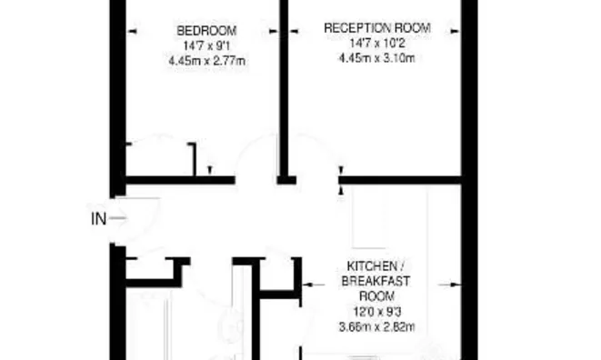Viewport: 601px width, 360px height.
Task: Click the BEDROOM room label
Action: [206, 31]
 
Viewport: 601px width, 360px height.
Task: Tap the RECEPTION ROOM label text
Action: [377, 28]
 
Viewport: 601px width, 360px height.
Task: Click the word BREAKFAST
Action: [376, 281]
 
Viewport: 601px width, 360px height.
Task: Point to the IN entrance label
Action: [98, 219]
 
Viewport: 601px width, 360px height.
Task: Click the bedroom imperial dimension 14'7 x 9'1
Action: [206, 46]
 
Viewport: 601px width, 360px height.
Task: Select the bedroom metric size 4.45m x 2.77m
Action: [206, 61]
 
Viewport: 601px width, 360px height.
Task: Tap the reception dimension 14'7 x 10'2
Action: [377, 43]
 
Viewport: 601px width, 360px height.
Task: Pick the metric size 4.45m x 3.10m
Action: [376, 58]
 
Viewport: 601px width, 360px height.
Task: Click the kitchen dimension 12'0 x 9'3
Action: [376, 312]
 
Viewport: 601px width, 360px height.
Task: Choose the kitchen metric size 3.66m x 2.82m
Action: [376, 327]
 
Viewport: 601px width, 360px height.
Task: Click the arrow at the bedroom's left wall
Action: [132, 32]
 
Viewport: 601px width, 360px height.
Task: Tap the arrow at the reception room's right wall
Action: [455, 31]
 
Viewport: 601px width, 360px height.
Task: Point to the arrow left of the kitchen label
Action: [313, 285]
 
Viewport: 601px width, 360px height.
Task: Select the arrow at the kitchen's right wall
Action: [449, 285]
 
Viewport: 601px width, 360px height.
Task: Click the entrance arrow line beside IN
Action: [117, 218]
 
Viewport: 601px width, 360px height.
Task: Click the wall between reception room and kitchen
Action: [400, 180]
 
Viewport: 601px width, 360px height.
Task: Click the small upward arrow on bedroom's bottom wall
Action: [210, 170]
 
